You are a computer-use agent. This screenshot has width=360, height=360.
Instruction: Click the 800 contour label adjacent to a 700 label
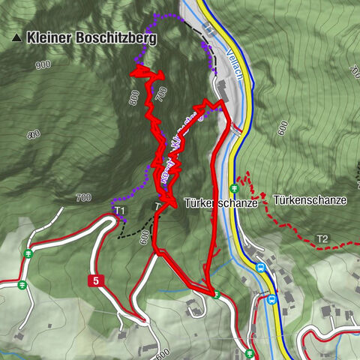tap(134, 98)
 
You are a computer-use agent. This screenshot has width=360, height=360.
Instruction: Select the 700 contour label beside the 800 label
tap(157, 94)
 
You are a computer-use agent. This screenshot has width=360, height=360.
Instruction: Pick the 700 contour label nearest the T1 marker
tap(82, 198)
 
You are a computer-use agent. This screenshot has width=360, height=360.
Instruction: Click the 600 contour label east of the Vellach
tap(282, 128)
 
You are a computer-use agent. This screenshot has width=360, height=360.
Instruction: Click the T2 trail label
tap(322, 239)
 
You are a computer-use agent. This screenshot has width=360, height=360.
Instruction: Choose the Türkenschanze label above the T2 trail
tap(310, 201)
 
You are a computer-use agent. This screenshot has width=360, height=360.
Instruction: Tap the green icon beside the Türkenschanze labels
tap(235, 188)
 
